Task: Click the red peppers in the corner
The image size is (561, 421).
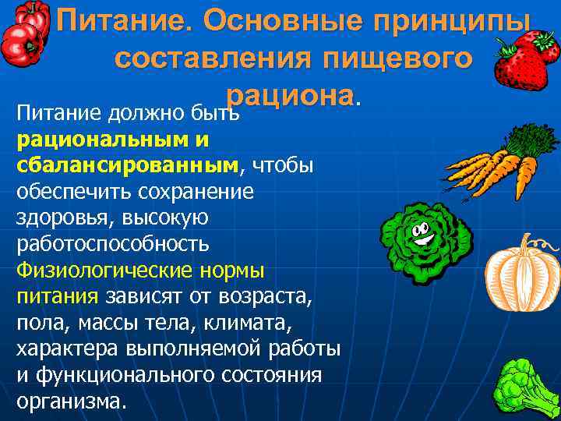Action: (x=23, y=35)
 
